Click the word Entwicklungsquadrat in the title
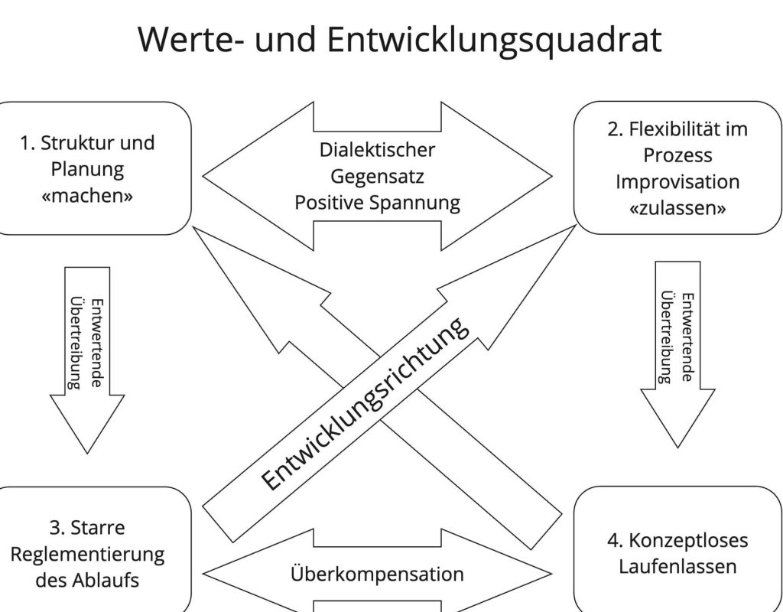[494, 40]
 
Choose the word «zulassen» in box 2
[677, 208]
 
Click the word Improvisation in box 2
[677, 182]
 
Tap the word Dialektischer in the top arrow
[377, 149]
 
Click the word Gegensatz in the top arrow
[377, 176]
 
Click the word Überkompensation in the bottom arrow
[377, 574]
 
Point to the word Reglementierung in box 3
[87, 553]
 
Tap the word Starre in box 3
[97, 527]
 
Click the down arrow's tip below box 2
[677, 444]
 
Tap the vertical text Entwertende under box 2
[687, 337]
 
